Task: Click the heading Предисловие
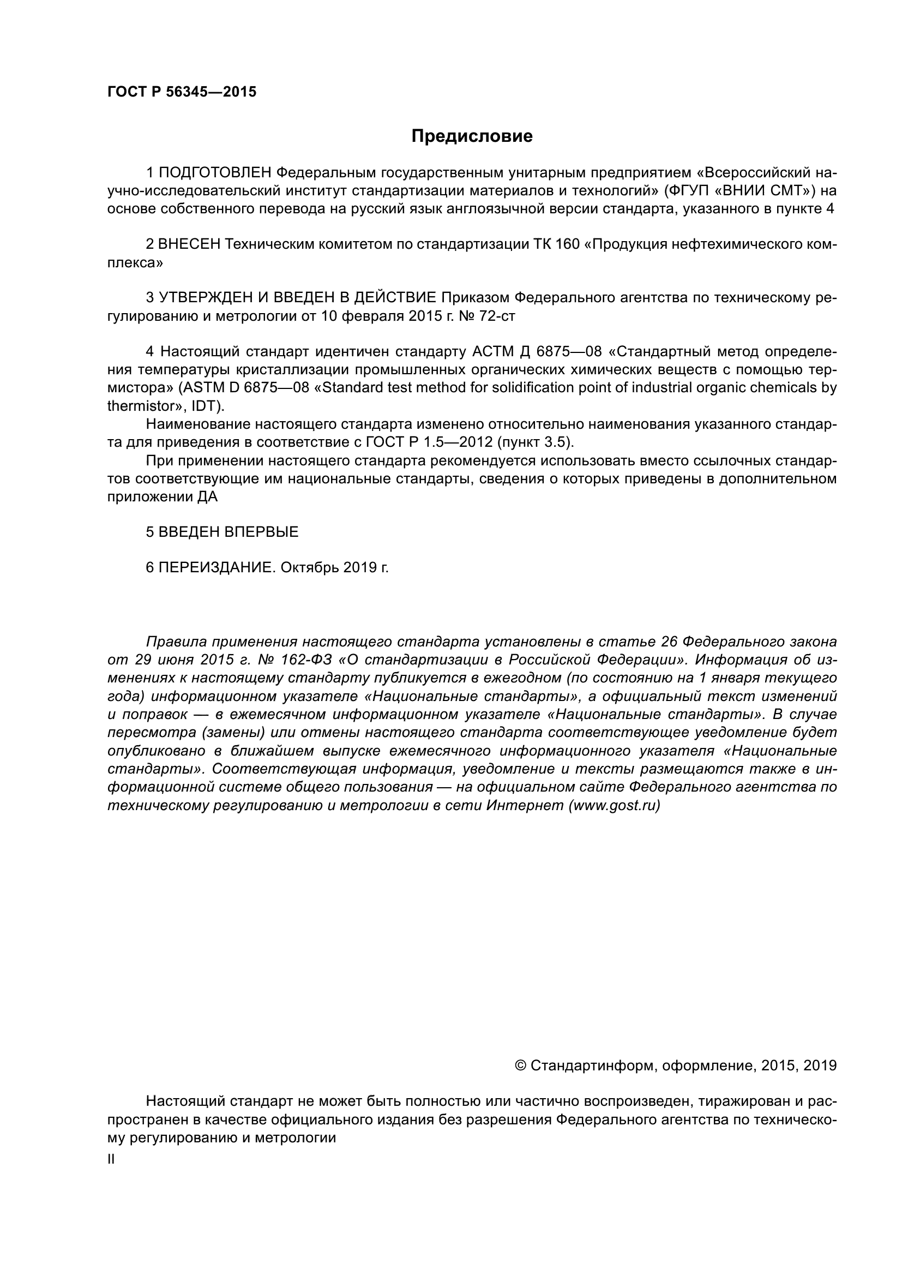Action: (472, 136)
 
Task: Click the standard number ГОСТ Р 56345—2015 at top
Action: (182, 92)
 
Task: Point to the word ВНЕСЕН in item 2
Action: (189, 244)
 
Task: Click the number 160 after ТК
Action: (566, 244)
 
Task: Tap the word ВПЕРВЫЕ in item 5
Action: (261, 532)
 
